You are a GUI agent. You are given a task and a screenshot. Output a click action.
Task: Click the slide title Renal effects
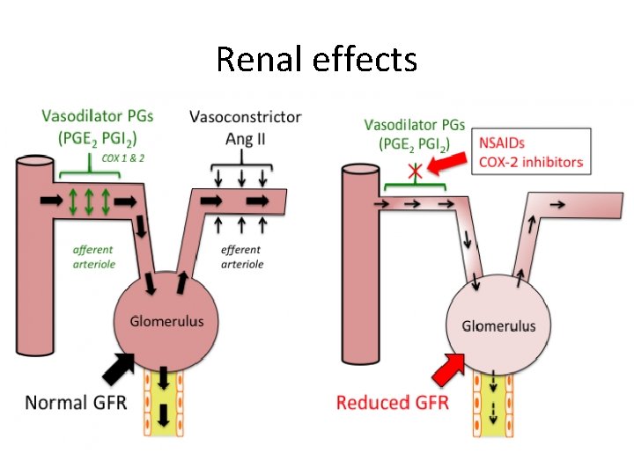316,59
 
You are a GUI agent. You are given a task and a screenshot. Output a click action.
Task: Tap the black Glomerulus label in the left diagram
167,321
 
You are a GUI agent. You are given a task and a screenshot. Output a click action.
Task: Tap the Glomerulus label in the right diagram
498,325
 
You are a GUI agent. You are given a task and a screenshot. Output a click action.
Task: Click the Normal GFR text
76,402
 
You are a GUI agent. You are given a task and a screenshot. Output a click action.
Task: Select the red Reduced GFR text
393,403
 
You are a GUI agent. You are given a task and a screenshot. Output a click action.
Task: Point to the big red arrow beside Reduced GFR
450,365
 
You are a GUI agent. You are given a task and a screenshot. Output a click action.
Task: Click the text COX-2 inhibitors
530,161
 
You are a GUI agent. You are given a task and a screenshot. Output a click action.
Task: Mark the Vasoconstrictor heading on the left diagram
245,117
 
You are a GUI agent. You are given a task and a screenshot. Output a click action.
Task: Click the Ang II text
246,137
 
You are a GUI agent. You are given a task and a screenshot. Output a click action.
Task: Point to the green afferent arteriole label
93,256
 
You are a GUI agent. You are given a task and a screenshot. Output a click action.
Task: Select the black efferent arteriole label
241,256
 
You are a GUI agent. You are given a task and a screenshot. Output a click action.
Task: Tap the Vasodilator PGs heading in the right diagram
415,124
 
